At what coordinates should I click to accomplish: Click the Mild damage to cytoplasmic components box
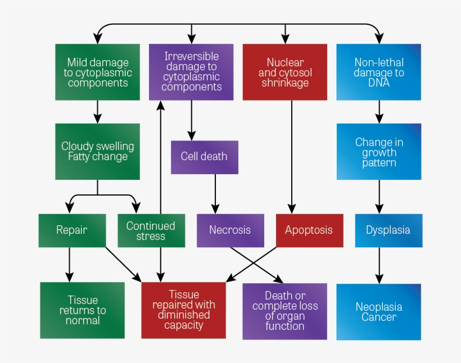pos(98,72)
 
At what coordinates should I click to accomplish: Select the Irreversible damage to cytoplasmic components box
pos(191,72)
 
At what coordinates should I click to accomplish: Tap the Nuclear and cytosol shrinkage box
pos(285,72)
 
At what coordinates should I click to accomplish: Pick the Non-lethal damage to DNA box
pos(379,72)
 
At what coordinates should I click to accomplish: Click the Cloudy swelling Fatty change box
pos(98,152)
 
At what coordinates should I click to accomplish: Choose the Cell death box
pos(204,157)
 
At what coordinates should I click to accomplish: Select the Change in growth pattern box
pos(379,152)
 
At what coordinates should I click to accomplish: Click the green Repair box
pos(72,230)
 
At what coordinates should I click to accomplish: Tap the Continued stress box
pos(151,230)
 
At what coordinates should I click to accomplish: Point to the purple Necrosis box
pos(230,230)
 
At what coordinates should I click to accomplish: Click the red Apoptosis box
pos(309,230)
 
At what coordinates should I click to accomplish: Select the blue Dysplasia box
pos(388,230)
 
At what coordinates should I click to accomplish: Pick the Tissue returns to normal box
pos(83,310)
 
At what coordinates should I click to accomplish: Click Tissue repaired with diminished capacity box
pos(183,310)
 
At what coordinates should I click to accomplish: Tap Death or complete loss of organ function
pos(284,311)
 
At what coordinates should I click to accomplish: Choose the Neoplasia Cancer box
pos(379,312)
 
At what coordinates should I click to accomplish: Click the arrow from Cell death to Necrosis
pos(215,193)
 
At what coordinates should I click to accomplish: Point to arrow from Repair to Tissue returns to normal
pos(70,264)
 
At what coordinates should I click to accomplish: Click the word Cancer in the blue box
pos(379,317)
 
